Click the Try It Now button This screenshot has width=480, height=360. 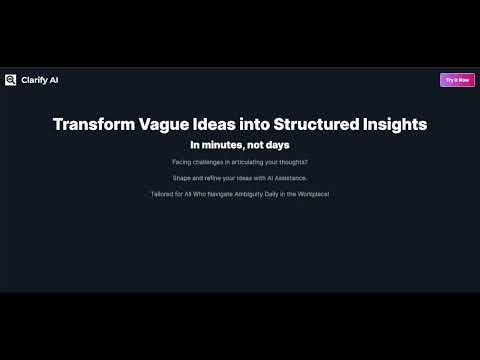(457, 80)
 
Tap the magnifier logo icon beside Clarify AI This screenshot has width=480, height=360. (10, 80)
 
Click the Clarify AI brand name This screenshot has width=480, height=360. (40, 80)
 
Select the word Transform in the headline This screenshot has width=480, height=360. (92, 124)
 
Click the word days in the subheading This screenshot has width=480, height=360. (276, 145)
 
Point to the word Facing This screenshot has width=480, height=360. (181, 162)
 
